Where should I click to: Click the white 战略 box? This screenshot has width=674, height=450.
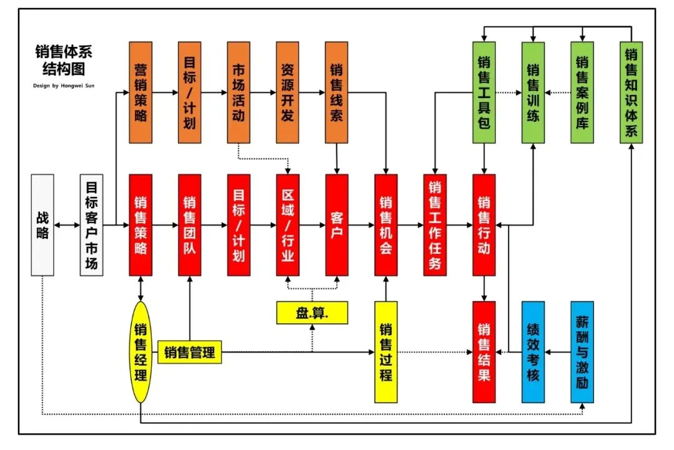[42, 225]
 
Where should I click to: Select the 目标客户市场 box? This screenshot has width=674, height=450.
[92, 225]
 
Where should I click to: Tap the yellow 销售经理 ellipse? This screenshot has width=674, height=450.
[141, 352]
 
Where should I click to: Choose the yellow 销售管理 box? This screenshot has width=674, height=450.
[190, 352]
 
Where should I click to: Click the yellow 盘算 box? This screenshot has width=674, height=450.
[312, 312]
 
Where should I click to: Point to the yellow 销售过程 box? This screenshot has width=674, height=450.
[386, 352]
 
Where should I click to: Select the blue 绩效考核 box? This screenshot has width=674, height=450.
[533, 352]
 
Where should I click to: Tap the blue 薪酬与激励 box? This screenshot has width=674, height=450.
[582, 352]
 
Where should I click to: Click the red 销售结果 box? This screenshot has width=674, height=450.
[484, 352]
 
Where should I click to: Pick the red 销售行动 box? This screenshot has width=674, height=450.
[484, 225]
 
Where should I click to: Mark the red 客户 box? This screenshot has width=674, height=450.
[337, 225]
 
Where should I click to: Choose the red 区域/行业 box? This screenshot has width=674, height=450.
[288, 225]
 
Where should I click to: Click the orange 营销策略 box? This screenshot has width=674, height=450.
[140, 92]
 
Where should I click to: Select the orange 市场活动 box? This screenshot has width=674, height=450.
[238, 92]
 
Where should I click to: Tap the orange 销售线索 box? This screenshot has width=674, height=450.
[337, 92]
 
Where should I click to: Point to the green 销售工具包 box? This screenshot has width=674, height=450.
[484, 92]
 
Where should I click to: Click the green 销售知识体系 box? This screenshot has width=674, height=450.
[631, 92]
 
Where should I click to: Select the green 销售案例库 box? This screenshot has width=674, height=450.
[582, 92]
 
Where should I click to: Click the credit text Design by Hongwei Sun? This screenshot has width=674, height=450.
[64, 84]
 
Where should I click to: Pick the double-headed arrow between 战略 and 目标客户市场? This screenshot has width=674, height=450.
[67, 225]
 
